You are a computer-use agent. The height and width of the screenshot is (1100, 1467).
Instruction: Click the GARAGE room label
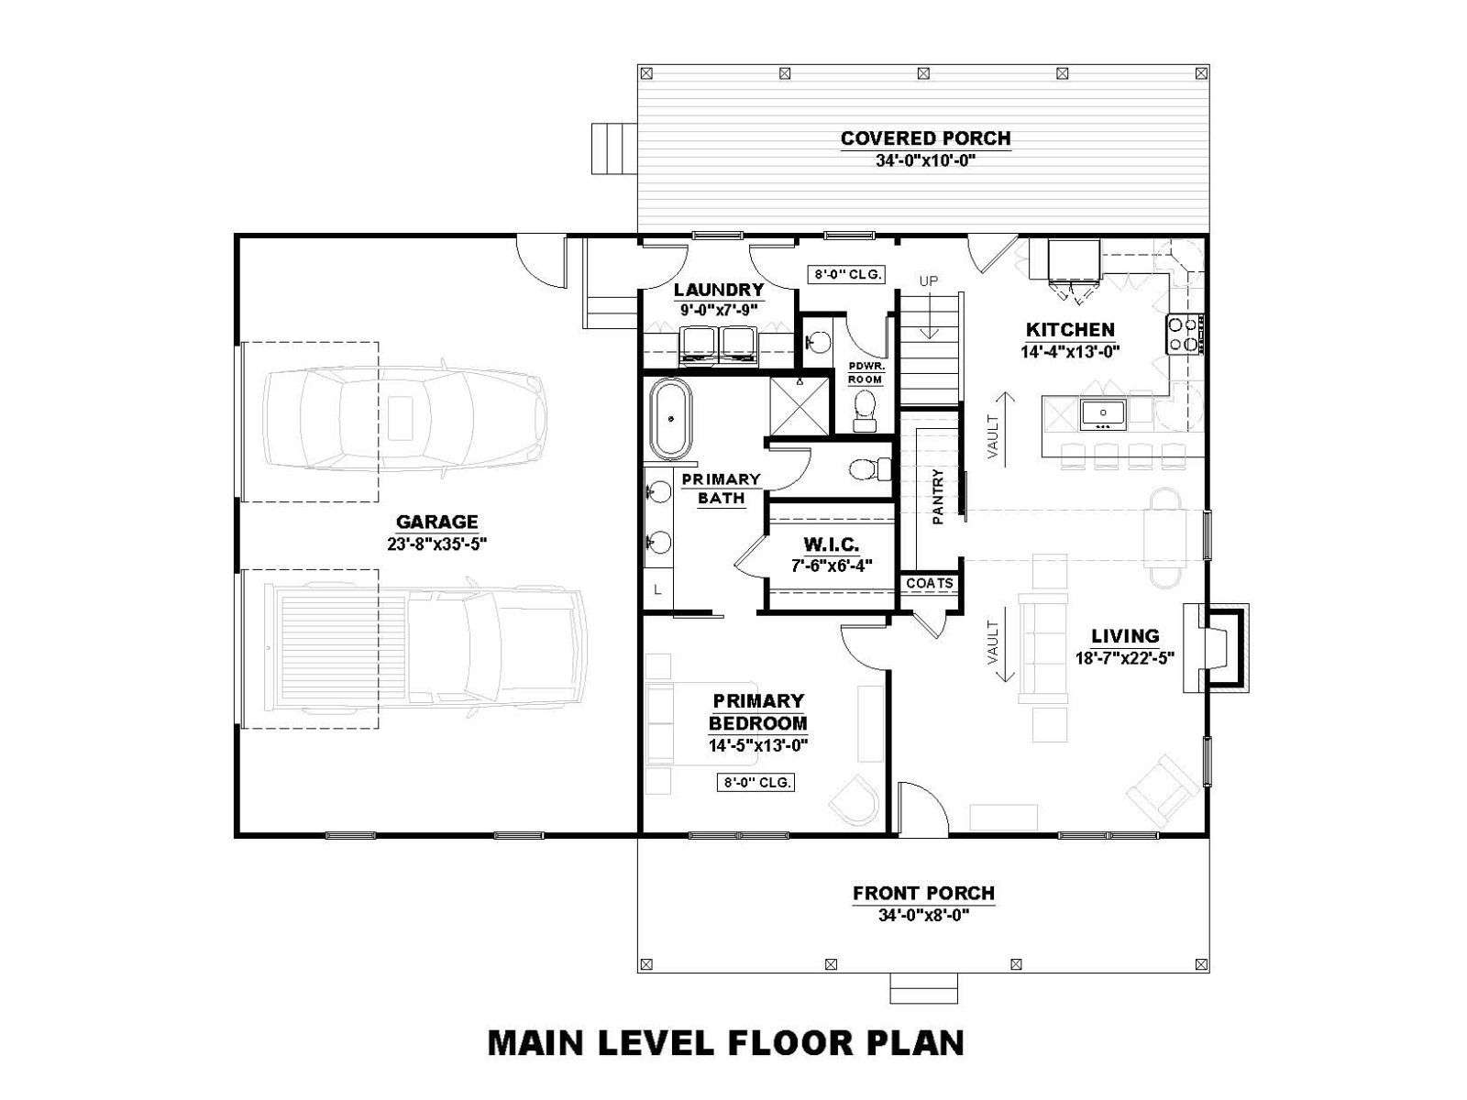pos(436,522)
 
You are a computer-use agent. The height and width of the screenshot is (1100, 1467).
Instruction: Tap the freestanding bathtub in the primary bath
pos(670,419)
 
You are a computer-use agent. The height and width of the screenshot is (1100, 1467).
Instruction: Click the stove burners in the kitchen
pos(1185,335)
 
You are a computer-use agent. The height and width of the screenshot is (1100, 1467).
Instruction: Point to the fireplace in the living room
pos(1216,648)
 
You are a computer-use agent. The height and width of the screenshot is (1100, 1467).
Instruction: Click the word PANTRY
pos(937,496)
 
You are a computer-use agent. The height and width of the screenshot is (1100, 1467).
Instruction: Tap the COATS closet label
pos(929,583)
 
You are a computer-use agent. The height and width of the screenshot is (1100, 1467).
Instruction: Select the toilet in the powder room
pos(865,411)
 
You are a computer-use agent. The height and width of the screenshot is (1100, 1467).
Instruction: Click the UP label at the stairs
pos(928,281)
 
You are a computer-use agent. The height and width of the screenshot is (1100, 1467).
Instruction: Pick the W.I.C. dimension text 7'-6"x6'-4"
pos(832,566)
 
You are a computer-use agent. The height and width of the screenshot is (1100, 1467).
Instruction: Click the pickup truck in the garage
pos(425,648)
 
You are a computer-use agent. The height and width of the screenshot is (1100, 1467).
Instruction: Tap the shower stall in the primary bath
pos(800,405)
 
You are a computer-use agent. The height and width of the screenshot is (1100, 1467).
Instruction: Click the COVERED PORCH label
pos(925,138)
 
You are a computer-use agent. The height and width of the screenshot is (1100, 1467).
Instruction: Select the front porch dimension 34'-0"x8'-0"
pos(923,915)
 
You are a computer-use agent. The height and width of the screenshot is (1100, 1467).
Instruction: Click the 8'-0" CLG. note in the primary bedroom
pos(756,783)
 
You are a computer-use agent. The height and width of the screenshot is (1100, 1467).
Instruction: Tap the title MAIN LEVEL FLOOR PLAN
pos(726,1042)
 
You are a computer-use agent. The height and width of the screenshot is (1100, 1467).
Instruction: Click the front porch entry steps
pos(923,988)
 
